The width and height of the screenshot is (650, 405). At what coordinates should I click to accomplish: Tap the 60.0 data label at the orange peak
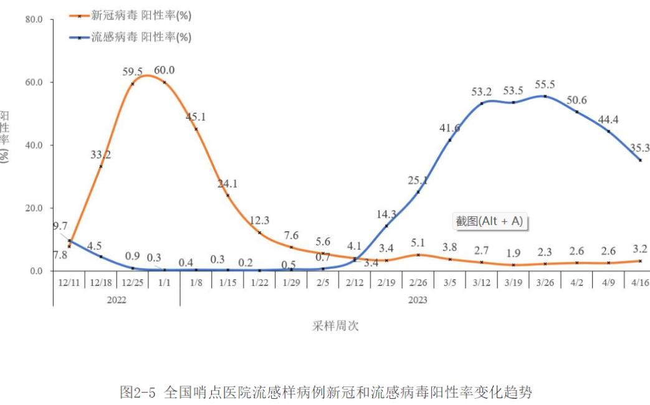pos(165,70)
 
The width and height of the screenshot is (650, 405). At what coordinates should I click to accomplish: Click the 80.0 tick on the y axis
pos(34,20)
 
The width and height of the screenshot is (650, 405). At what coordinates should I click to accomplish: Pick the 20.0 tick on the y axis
pos(34,208)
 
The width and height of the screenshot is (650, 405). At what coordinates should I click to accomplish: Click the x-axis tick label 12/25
pos(132,283)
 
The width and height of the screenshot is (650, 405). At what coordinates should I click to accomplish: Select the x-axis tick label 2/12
pos(355,283)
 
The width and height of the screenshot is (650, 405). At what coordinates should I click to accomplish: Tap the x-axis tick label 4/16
pos(639,283)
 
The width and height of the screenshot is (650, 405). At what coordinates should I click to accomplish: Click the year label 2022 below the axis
pos(117,300)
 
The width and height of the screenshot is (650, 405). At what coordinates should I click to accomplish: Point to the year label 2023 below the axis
pos(418,300)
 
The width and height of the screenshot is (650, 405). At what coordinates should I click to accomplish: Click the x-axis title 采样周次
pos(336,326)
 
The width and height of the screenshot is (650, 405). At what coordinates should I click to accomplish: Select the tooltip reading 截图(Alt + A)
pos(489,221)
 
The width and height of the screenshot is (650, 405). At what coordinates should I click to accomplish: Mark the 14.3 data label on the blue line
pos(386,214)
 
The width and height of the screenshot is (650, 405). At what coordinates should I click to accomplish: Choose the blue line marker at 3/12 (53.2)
pos(482,103)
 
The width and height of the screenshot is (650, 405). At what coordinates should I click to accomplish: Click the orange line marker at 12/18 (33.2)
pos(101,166)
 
